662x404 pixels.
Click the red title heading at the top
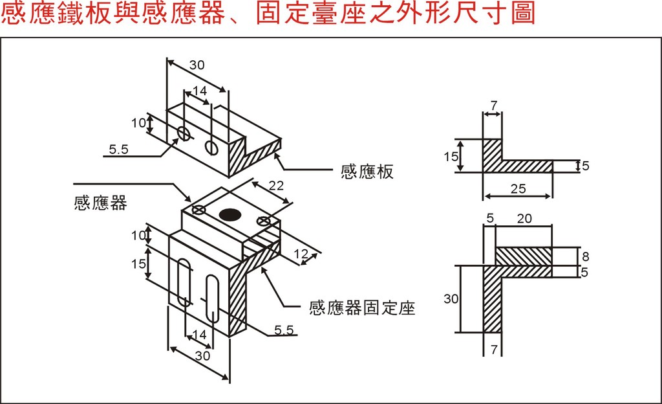pyautogui.click(x=268, y=14)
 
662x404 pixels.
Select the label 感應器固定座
pyautogui.click(x=362, y=308)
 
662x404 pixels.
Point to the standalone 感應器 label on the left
pyautogui.click(x=101, y=203)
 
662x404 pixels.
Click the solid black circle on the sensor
pyautogui.click(x=230, y=214)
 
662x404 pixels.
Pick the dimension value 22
pyautogui.click(x=276, y=186)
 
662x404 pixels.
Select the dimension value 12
pyautogui.click(x=301, y=254)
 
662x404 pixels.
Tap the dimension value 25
pyautogui.click(x=517, y=189)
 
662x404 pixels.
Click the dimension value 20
pyautogui.click(x=524, y=219)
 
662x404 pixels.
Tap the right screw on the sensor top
pyautogui.click(x=263, y=221)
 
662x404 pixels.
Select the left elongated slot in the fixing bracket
pyautogui.click(x=184, y=282)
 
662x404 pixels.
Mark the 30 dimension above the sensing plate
pyautogui.click(x=197, y=65)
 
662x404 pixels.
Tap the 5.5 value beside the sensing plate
pyautogui.click(x=118, y=150)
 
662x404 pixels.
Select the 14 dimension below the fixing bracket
pyautogui.click(x=199, y=335)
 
